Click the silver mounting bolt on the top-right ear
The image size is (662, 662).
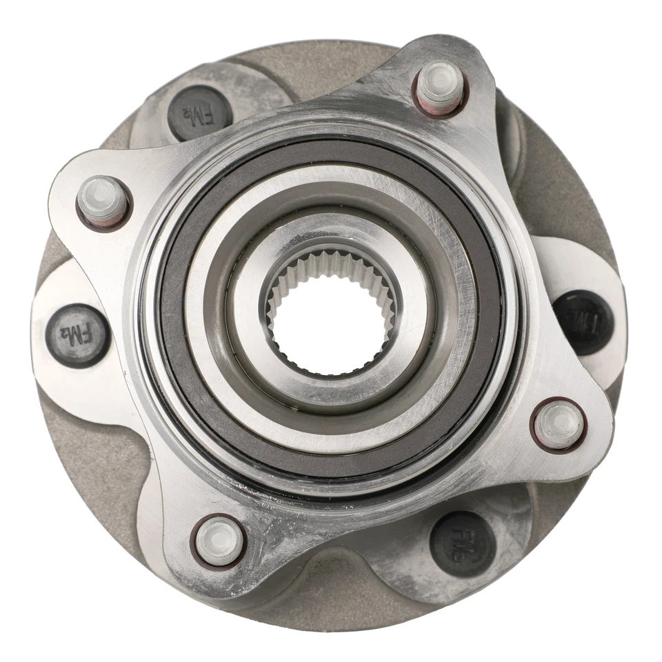(x=440, y=86)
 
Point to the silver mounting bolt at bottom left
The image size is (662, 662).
(x=219, y=541)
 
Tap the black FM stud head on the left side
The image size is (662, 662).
(x=77, y=334)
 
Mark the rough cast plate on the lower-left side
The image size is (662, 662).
(x=90, y=469)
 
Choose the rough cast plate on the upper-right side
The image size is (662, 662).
(x=565, y=186)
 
